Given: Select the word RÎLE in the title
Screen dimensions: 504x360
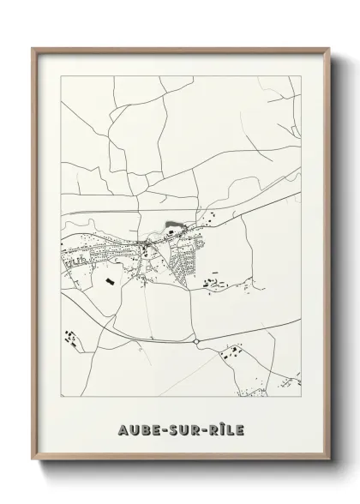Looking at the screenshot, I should click(225, 429).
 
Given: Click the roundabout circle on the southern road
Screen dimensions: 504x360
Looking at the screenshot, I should click(196, 341).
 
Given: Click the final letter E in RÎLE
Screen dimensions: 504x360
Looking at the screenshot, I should click(240, 429).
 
